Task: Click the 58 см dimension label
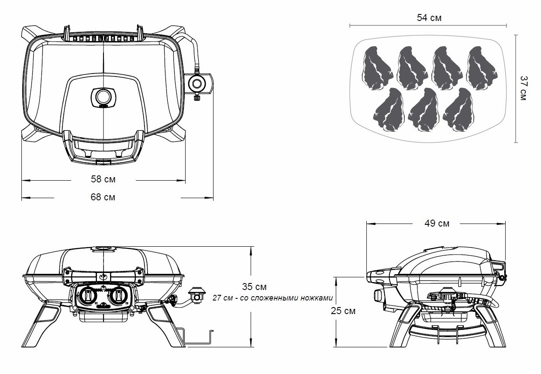(103, 179)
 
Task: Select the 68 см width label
(103, 197)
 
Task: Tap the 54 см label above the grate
(429, 18)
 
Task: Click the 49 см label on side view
(437, 224)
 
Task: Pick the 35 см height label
(254, 287)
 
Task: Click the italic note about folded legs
(273, 298)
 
